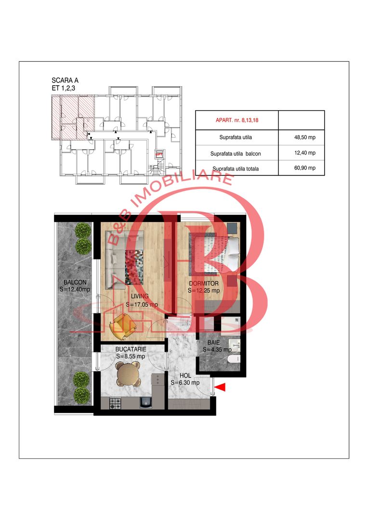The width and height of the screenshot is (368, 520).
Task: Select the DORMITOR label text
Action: pos(204,284)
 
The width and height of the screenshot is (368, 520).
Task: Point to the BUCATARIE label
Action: pos(131,350)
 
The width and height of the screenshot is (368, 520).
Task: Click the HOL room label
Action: pos(185,376)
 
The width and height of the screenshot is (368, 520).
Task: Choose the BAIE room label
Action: pos(215,342)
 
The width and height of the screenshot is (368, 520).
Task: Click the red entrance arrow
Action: pos(221,387)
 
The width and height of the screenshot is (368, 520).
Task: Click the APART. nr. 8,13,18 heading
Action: pos(237,118)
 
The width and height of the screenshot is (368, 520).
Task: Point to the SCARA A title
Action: pos(65,80)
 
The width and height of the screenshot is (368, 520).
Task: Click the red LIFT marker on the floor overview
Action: pos(158,155)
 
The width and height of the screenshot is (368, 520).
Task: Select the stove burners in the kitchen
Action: pos(115,403)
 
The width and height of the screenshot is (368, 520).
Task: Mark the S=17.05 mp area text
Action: pos(142,304)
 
